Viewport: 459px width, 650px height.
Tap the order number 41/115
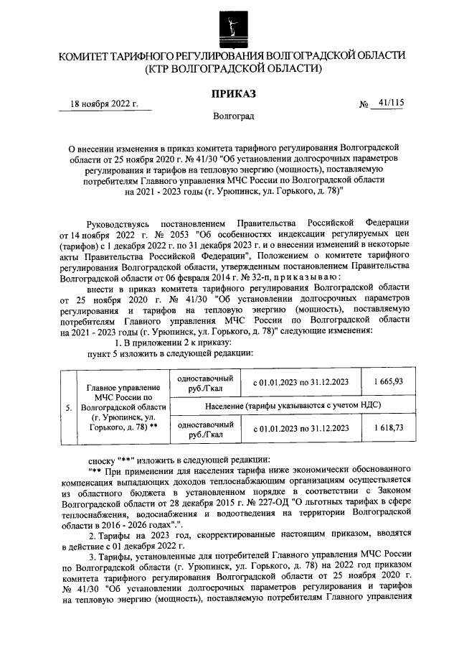390,103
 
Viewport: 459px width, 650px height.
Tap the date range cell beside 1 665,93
301,381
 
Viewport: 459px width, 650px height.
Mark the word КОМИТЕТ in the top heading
86,55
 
